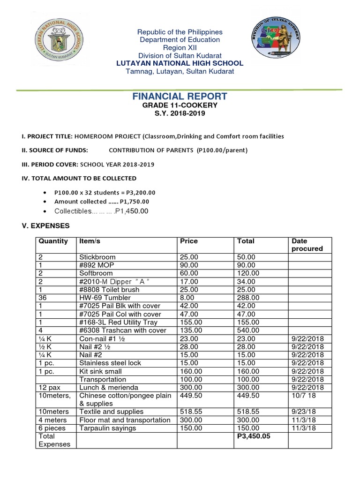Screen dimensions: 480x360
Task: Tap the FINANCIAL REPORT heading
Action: [180, 97]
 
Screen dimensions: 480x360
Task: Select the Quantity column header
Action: [53, 241]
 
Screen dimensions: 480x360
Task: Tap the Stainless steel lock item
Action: [110, 363]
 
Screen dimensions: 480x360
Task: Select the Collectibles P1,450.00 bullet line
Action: [101, 211]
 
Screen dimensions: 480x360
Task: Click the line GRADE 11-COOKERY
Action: [180, 105]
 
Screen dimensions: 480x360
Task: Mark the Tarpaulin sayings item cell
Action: [108, 428]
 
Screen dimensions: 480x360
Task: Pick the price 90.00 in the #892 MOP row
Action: [189, 265]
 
